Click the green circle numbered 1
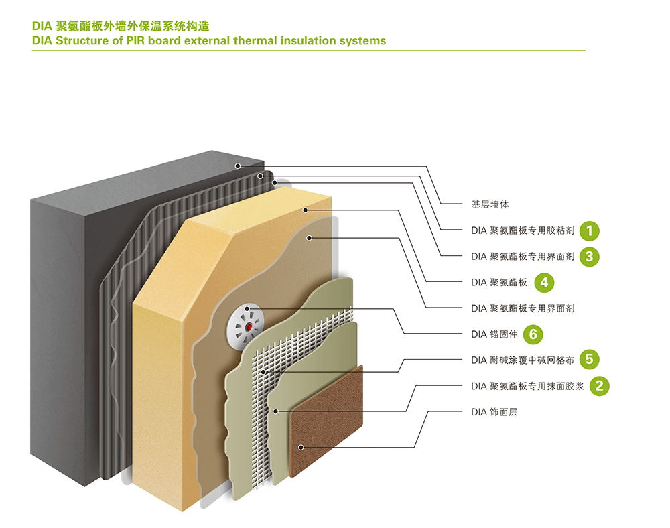[589, 230]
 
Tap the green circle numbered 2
[599, 386]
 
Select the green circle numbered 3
[589, 257]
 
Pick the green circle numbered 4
[544, 282]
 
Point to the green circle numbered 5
[589, 359]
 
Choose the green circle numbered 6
[533, 334]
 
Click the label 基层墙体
[490, 204]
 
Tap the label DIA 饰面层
[494, 412]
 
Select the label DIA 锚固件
[494, 334]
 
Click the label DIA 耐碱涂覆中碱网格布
[523, 360]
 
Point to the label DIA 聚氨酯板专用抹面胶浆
[527, 386]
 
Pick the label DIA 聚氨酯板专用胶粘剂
[523, 230]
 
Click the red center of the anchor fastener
[249, 327]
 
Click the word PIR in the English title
[135, 41]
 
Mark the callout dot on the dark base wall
[238, 166]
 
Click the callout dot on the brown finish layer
[301, 448]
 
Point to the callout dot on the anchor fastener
[247, 308]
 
